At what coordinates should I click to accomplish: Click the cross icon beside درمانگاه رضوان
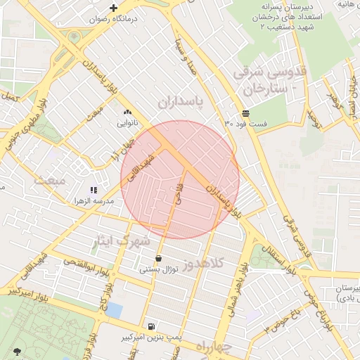click(113, 8)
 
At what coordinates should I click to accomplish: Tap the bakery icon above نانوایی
click(127, 112)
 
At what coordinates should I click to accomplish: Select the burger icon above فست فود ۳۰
click(245, 113)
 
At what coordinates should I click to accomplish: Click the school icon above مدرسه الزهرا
click(94, 190)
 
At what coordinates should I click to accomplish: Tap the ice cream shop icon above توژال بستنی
click(158, 258)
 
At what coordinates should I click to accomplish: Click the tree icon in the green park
click(17, 351)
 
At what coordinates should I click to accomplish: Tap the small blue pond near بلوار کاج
click(113, 309)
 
